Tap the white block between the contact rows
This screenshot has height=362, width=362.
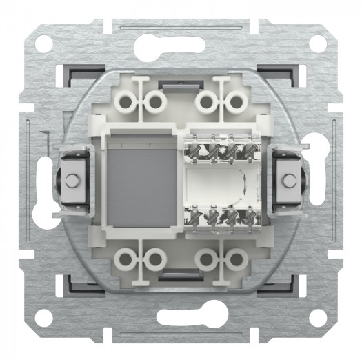(x=217, y=182)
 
